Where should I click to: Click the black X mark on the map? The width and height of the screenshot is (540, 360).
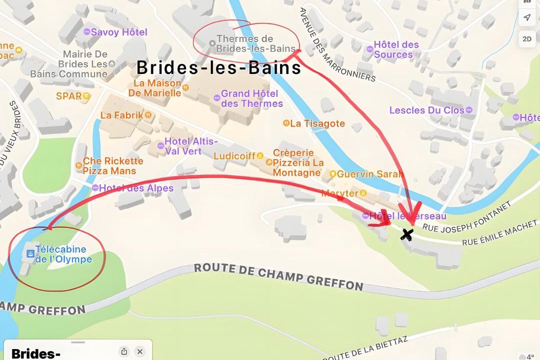(407, 234)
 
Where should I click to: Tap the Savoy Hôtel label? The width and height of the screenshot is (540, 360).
(118, 32)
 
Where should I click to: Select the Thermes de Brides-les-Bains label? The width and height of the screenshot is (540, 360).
(245, 43)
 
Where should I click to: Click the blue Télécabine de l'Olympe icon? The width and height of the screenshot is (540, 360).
(30, 254)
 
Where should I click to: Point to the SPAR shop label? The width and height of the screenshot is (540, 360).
(69, 96)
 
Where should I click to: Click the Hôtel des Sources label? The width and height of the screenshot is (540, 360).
(396, 49)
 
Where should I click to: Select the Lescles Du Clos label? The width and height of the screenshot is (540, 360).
(426, 110)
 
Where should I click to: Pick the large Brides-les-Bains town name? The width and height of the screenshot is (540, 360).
(219, 67)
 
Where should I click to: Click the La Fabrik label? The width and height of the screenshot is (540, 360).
(121, 115)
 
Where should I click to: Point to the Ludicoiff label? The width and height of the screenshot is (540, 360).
(234, 156)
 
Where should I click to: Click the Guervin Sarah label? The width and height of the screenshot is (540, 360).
(369, 174)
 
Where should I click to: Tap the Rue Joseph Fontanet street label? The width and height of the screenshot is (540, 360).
(467, 216)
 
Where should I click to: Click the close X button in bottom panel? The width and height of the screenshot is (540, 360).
(140, 351)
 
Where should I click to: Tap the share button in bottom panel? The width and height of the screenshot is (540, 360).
(124, 351)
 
